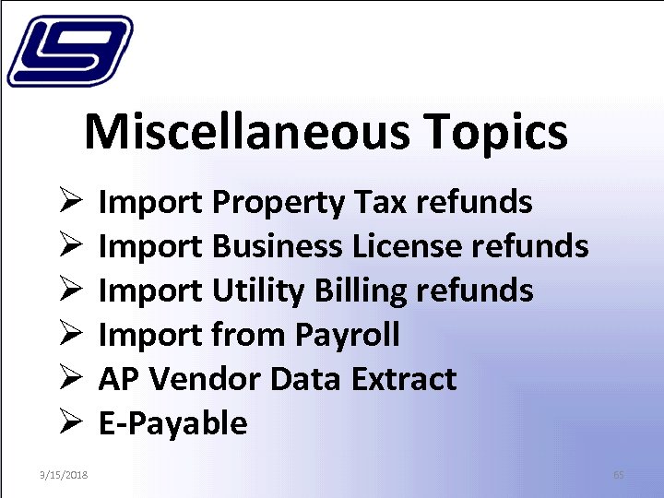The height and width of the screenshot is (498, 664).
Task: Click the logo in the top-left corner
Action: tap(69, 52)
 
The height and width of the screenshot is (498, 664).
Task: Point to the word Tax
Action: tap(381, 201)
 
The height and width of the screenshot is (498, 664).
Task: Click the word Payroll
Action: tap(348, 335)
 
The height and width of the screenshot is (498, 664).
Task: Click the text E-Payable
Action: tap(172, 423)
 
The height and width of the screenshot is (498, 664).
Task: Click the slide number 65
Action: tap(619, 475)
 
